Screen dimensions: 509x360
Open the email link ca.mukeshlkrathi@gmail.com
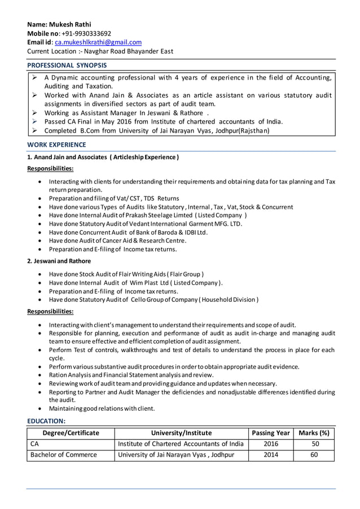tap(98, 42)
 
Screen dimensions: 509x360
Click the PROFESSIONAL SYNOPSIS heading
tap(67, 65)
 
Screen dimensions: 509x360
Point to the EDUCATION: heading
tap(47, 421)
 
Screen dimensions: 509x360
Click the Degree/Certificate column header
tap(71, 433)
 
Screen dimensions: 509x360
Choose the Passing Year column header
tap(271, 433)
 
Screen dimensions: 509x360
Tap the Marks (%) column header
tap(314, 433)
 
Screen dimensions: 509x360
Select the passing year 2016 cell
tap(271, 444)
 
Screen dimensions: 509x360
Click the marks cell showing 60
tap(314, 454)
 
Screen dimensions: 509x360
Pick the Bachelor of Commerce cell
tap(64, 454)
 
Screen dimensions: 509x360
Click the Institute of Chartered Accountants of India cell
tap(181, 444)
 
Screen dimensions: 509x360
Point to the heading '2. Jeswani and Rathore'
tap(59, 261)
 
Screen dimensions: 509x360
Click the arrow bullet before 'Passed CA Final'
tap(34, 121)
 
